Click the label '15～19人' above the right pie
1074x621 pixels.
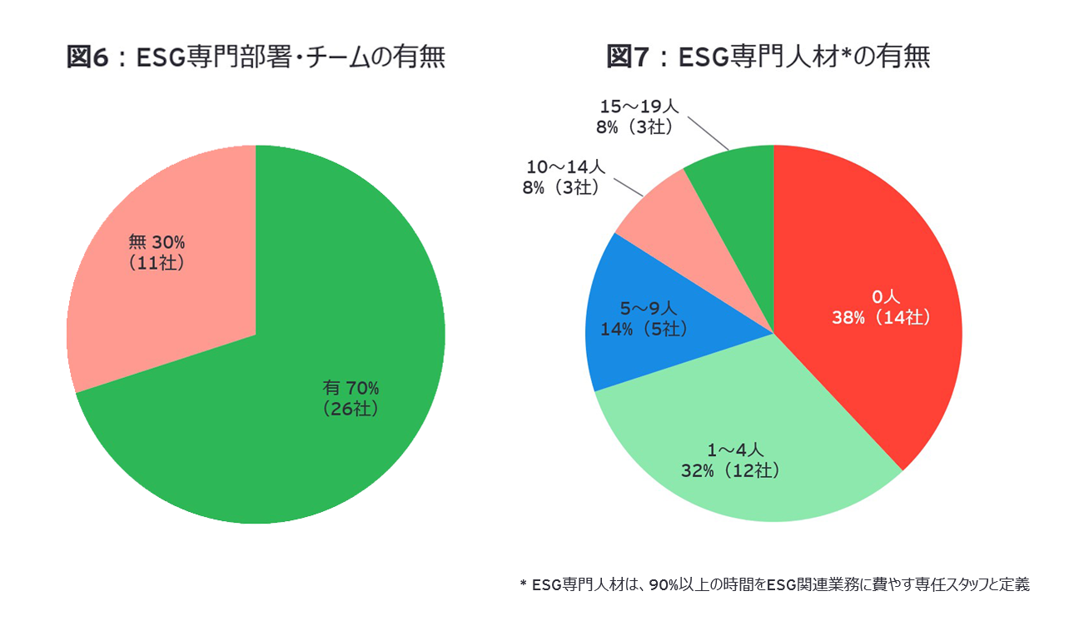tap(639, 107)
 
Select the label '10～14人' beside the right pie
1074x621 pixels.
tap(565, 168)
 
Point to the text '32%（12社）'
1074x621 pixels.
tap(730, 470)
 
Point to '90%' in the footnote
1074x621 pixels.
tap(663, 584)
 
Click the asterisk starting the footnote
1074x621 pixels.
tap(523, 584)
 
